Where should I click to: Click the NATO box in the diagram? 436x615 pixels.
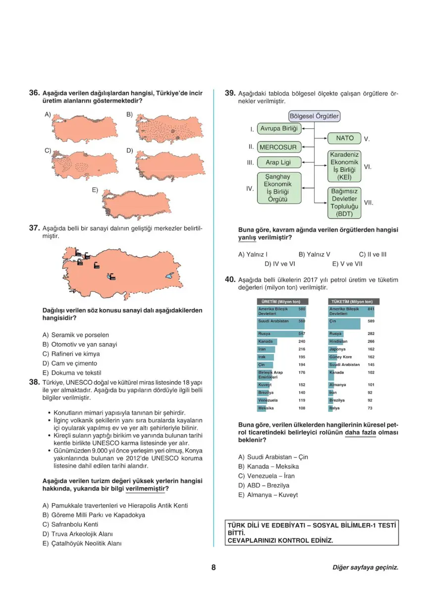[x=345, y=139]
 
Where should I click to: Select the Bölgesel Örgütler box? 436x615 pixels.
[x=314, y=117]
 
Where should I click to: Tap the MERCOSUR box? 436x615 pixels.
[x=278, y=147]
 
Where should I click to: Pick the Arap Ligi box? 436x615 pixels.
[x=278, y=162]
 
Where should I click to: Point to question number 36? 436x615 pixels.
[x=34, y=93]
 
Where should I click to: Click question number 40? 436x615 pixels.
[x=230, y=280]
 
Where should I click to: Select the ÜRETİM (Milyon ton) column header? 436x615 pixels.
[x=281, y=302]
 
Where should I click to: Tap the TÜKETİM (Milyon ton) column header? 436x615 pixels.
[x=353, y=302]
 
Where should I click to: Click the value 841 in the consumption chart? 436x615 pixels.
[x=371, y=309]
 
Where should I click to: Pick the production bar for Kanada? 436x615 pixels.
[x=267, y=342]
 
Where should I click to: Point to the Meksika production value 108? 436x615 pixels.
[x=301, y=408]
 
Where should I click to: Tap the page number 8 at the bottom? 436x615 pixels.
[x=214, y=567]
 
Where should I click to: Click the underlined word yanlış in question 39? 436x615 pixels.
[x=248, y=238]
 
